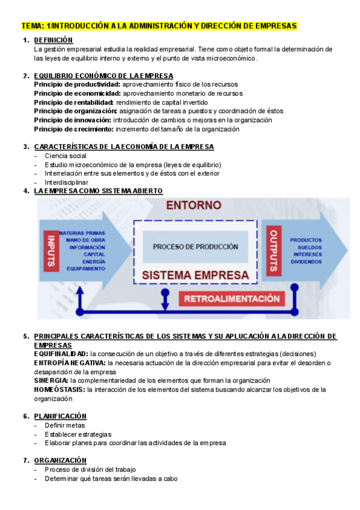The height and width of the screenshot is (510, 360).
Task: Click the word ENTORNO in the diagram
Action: pos(194,205)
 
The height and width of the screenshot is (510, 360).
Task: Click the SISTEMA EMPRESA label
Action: pos(195,275)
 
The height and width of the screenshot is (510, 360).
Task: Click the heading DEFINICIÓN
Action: pos(53,40)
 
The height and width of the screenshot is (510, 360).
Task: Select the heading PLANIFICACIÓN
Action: pos(60,416)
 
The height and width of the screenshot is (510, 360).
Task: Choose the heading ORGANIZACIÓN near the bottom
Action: pos(61,460)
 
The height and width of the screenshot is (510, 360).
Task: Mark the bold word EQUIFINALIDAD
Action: pos(61,354)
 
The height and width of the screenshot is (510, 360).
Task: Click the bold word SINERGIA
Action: pos(51,381)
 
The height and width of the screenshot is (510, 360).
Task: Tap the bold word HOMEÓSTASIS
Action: pos(59,390)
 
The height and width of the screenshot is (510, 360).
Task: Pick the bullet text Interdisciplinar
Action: pos(67,182)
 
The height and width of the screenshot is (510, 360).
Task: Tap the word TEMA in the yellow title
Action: pos(31,26)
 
